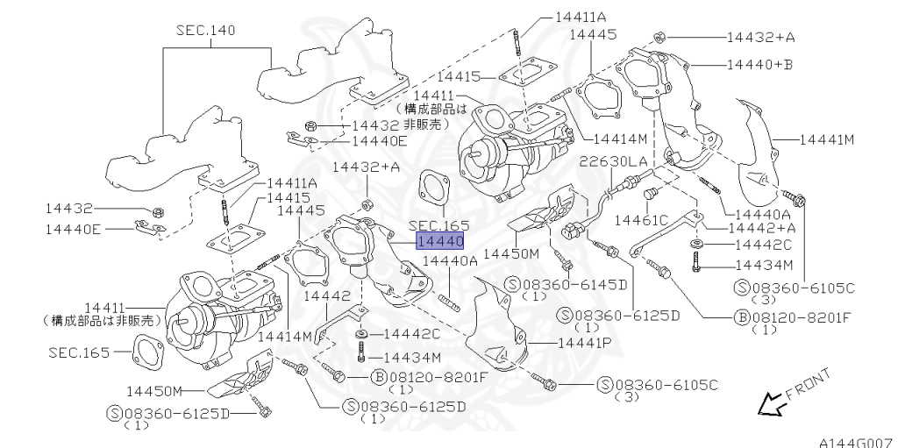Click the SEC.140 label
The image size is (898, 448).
[205, 31]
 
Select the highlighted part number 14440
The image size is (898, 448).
[439, 240]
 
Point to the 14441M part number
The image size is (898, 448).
[825, 139]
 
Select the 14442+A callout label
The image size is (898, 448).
[762, 228]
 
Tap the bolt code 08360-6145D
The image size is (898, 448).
[575, 285]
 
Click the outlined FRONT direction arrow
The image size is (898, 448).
[770, 404]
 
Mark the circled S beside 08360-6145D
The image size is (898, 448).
[513, 285]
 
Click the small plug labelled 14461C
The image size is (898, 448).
[650, 193]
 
